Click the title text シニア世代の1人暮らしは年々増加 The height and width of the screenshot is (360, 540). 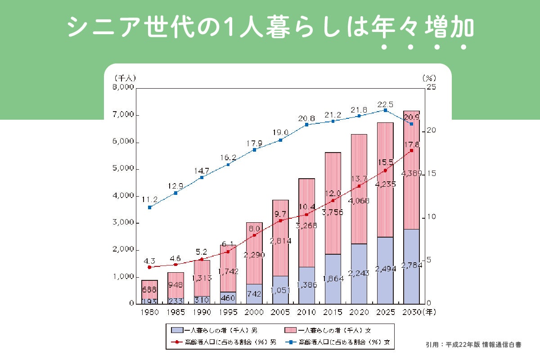pyautogui.click(x=270, y=28)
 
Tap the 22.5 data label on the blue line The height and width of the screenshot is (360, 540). pyautogui.click(x=385, y=102)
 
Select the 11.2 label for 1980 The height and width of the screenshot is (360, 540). pyautogui.click(x=149, y=199)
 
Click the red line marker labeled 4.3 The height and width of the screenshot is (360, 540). pyautogui.click(x=149, y=267)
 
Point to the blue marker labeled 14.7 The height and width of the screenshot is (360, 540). pyautogui.click(x=202, y=177)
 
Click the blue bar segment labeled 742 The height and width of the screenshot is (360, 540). pyautogui.click(x=254, y=294)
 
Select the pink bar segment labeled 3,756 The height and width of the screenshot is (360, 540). pyautogui.click(x=333, y=203)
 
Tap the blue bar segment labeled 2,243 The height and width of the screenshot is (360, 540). pyautogui.click(x=359, y=274)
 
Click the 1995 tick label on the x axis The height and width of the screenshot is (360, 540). pyautogui.click(x=228, y=311)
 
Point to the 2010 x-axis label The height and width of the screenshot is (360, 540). pyautogui.click(x=306, y=311)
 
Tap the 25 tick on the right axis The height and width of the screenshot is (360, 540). pyautogui.click(x=431, y=88)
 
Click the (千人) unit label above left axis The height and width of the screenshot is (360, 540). pyautogui.click(x=125, y=78)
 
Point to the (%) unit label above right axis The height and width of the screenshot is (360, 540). pyautogui.click(x=429, y=78)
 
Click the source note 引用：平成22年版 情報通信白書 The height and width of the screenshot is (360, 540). pyautogui.click(x=474, y=345)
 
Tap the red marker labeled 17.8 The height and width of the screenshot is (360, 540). pyautogui.click(x=411, y=150)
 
